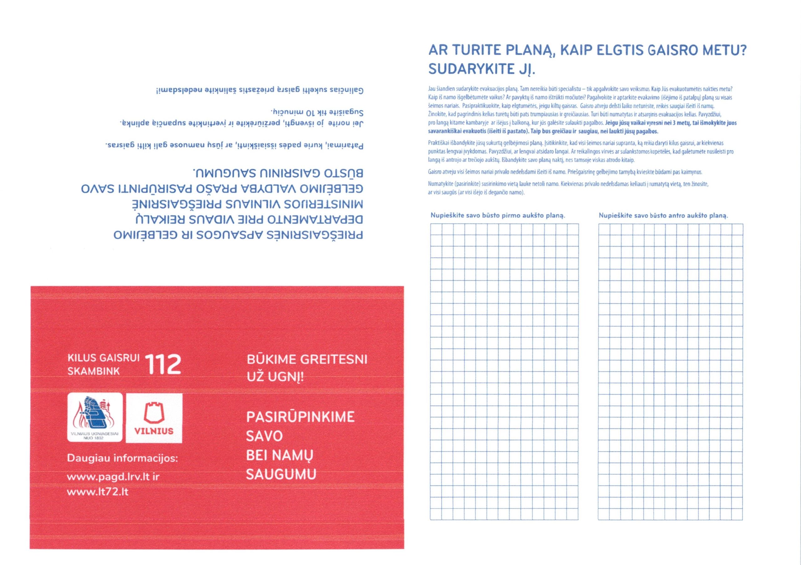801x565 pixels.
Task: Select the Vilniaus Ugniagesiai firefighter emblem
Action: pyautogui.click(x=94, y=417)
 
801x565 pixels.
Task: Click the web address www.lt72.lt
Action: pyautogui.click(x=98, y=492)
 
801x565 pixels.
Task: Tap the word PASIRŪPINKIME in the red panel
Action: pyautogui.click(x=300, y=417)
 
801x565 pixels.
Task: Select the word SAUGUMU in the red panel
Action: pyautogui.click(x=281, y=474)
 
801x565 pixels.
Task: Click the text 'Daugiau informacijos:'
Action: pyautogui.click(x=122, y=458)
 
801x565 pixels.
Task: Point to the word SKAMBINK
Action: pyautogui.click(x=94, y=371)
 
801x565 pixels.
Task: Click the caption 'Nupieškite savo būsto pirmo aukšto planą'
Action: pyautogui.click(x=498, y=215)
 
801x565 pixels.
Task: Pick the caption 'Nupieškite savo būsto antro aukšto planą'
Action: pyautogui.click(x=663, y=215)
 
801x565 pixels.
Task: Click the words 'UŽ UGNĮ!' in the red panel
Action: pyautogui.click(x=275, y=377)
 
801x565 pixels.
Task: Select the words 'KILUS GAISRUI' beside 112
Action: pyautogui.click(x=103, y=358)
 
